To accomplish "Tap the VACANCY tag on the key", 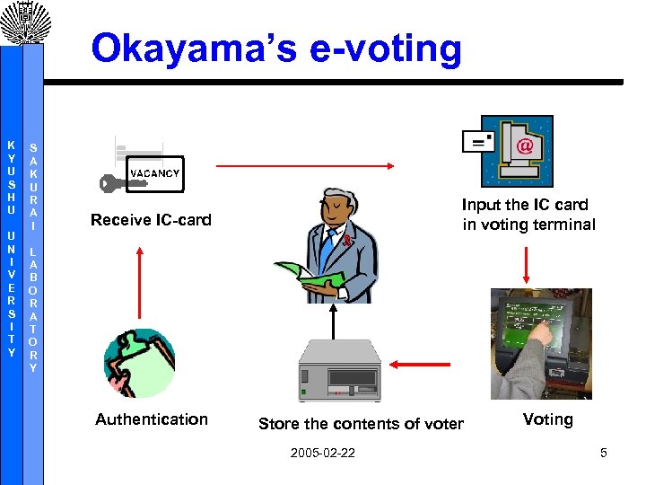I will [x=154, y=173].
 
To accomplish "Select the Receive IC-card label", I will [x=151, y=220].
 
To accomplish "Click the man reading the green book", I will [x=336, y=242].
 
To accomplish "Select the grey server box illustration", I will [x=339, y=371].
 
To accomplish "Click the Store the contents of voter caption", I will [x=361, y=424].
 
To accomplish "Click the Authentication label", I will [x=152, y=419].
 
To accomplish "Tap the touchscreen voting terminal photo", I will [x=541, y=343].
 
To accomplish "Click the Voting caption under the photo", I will [x=547, y=419].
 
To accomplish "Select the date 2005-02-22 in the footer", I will [x=322, y=453].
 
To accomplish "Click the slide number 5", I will [x=604, y=453].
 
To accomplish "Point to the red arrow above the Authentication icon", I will [x=140, y=282].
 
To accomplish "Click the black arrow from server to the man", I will [x=334, y=321].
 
